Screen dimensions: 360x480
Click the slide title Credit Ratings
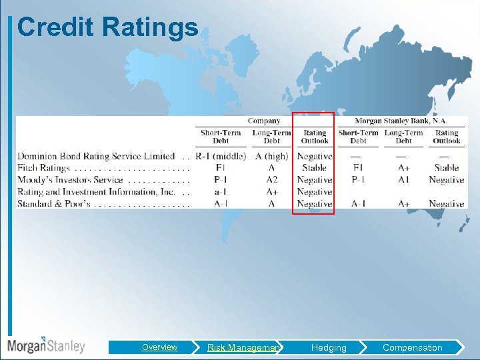pos(108,27)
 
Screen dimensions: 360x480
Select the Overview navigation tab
pos(159,347)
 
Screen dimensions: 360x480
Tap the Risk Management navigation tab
pos(243,347)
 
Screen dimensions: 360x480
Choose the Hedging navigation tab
pos(329,347)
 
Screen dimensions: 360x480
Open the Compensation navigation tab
pos(412,347)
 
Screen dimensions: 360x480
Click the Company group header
pos(264,121)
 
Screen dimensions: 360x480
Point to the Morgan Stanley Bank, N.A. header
pos(401,121)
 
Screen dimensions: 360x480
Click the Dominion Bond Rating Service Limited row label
pos(96,156)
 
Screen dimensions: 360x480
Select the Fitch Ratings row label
pos(43,168)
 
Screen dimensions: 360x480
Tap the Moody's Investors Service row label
pos(70,180)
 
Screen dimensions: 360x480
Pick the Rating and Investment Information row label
pos(96,192)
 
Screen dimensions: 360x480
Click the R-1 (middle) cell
pos(221,156)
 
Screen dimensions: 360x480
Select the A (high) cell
pos(271,156)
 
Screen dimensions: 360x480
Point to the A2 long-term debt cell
pos(271,180)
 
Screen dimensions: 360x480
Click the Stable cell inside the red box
pos(315,168)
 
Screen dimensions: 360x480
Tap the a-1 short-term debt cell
pos(221,192)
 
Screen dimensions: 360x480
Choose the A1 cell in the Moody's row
pos(403,180)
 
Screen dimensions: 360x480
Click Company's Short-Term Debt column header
pos(221,137)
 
